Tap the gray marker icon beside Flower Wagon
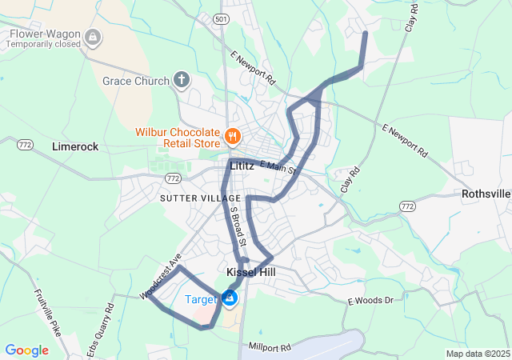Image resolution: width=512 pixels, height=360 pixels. tap(94, 37)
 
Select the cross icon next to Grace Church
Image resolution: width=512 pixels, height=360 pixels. tap(182, 80)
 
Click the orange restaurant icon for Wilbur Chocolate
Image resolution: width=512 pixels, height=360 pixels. tap(233, 136)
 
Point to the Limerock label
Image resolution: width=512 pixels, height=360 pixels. tap(74, 147)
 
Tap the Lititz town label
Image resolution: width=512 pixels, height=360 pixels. tap(241, 166)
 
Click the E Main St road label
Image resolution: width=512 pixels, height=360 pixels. tap(278, 166)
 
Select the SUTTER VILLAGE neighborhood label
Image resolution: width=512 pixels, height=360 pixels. tap(200, 198)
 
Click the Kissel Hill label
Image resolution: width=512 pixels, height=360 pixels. tap(250, 273)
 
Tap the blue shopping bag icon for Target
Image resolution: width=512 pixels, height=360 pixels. tap(230, 298)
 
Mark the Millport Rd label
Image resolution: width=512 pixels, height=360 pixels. tap(270, 347)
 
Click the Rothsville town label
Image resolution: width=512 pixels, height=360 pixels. tap(486, 194)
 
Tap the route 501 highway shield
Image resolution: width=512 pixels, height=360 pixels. tap(222, 18)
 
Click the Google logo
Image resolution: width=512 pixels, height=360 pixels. tap(26, 350)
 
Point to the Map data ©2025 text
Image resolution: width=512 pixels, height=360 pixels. tap(477, 354)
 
